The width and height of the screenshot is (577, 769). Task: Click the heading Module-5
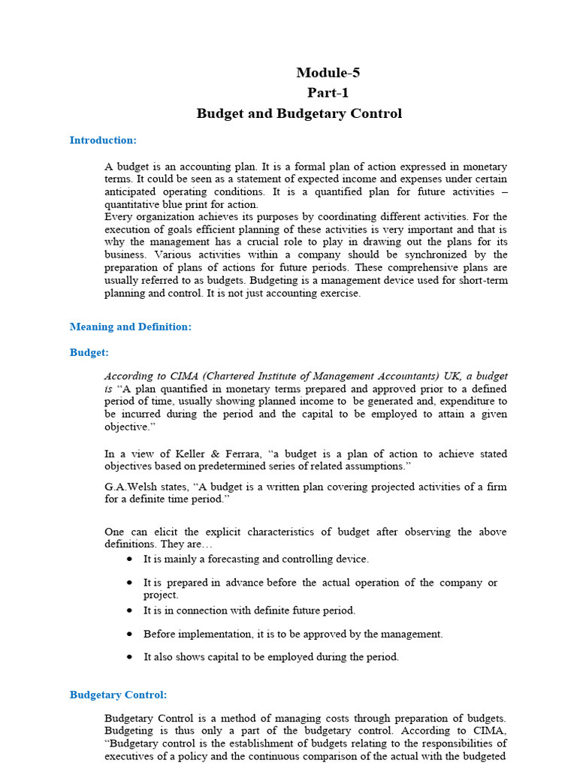click(322, 73)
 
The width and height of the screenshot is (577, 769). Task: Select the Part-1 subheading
click(328, 93)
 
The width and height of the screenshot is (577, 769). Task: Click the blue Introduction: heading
click(103, 140)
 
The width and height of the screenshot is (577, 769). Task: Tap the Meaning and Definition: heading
click(131, 327)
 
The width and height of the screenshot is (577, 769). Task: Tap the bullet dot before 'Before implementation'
click(130, 634)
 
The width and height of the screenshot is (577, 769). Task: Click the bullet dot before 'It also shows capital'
click(130, 656)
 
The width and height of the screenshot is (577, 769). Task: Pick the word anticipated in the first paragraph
click(134, 191)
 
